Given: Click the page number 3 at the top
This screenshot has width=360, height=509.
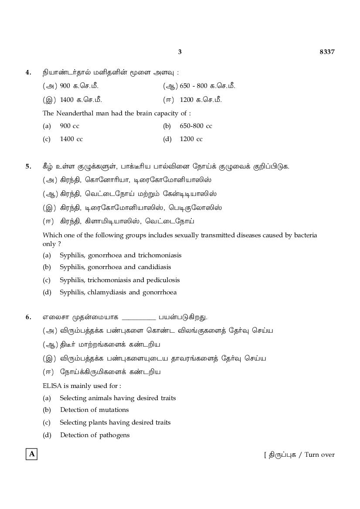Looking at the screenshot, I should [x=180, y=52].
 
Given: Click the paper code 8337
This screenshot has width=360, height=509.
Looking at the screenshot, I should [x=327, y=52].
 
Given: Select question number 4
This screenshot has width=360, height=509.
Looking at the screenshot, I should [x=28, y=72].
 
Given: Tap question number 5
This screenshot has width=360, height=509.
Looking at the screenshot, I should [x=28, y=166].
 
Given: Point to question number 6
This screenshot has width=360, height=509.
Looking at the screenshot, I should [x=28, y=317].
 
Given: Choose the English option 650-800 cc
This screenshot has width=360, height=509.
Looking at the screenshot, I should [x=196, y=126].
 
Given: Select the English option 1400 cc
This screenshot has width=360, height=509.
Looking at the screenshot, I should [x=71, y=139].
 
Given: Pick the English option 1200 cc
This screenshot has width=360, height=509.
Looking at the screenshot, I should [x=191, y=139].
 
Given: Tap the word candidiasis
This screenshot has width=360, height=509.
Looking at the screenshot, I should [x=154, y=267].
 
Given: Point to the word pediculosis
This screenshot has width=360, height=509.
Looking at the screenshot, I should [x=163, y=280].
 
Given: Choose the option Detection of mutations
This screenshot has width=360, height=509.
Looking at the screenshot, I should [x=94, y=410].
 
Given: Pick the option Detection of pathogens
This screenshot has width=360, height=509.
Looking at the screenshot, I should [x=95, y=435].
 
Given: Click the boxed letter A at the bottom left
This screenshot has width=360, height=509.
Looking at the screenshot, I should [x=31, y=454].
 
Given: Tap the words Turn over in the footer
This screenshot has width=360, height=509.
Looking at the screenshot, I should [x=319, y=455].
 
